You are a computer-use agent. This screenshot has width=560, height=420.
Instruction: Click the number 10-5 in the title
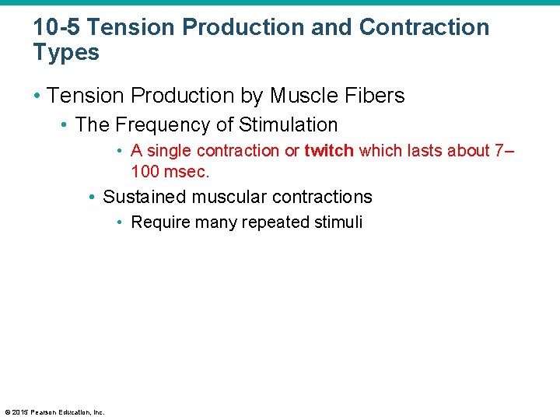(57, 27)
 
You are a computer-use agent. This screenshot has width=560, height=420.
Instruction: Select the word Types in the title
(66, 53)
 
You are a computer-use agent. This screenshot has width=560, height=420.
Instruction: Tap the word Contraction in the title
(425, 27)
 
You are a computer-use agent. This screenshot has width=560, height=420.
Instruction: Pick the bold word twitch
(329, 151)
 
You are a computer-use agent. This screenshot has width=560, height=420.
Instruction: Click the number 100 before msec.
(145, 170)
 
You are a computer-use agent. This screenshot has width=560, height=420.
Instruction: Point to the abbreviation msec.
(187, 170)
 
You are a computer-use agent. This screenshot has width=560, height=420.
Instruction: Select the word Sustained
(145, 197)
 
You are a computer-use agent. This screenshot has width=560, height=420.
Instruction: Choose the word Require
(158, 222)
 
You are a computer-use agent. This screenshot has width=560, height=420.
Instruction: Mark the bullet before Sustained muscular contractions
(93, 197)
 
